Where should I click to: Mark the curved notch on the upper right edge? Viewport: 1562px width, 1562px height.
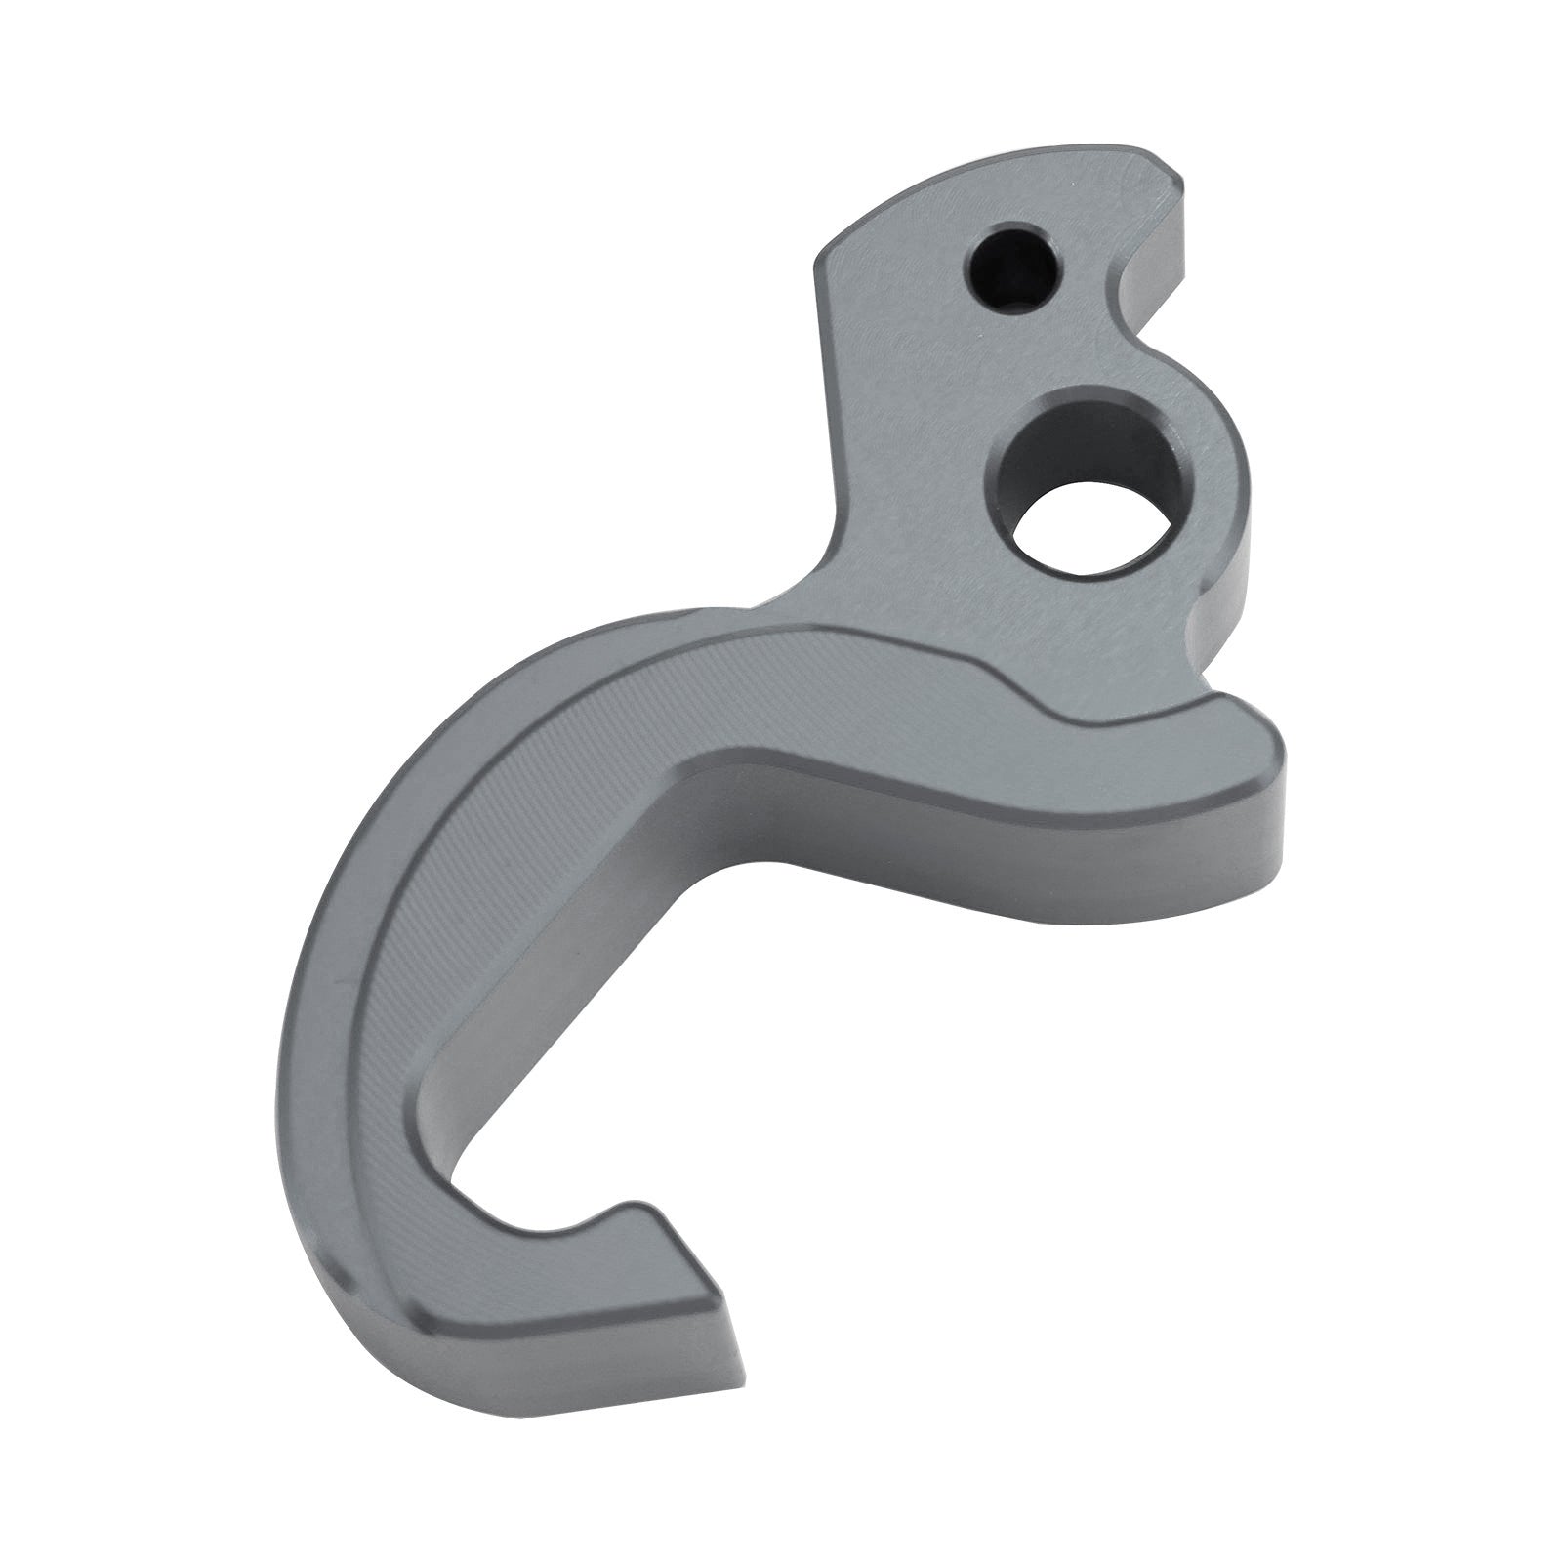tap(1132, 293)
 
